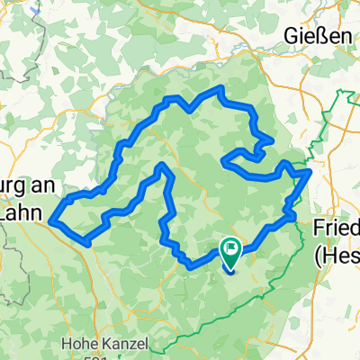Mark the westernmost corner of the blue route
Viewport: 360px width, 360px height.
click(51, 219)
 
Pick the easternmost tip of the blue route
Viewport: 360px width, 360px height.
click(310, 170)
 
